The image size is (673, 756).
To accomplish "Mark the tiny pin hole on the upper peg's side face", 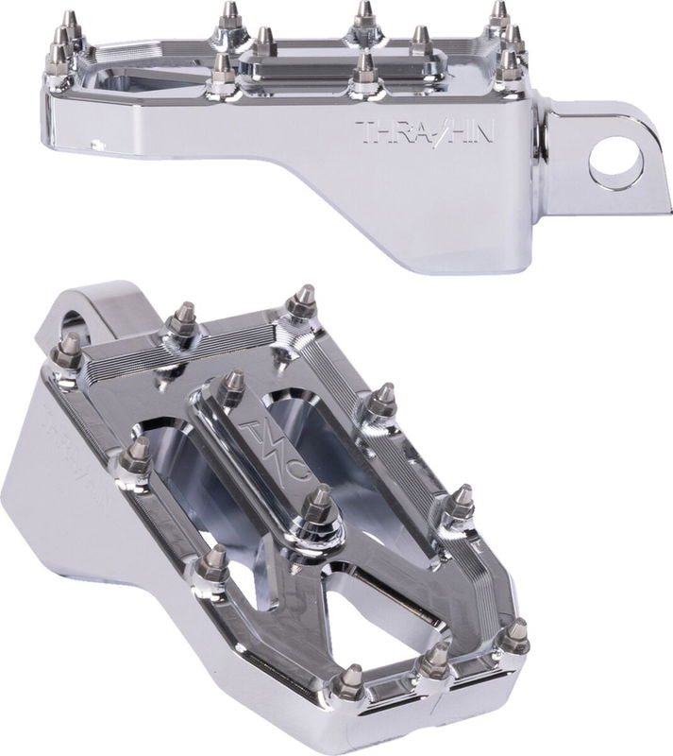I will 94,145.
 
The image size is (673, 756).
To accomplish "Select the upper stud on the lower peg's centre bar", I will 228,386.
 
